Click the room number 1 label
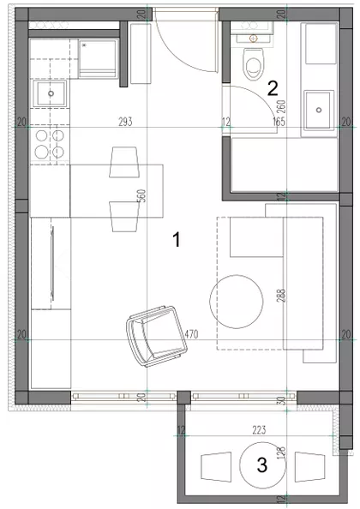point(177,241)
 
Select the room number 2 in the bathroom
point(273,87)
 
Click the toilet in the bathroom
point(254,62)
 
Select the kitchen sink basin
point(50,93)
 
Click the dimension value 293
point(126,123)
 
